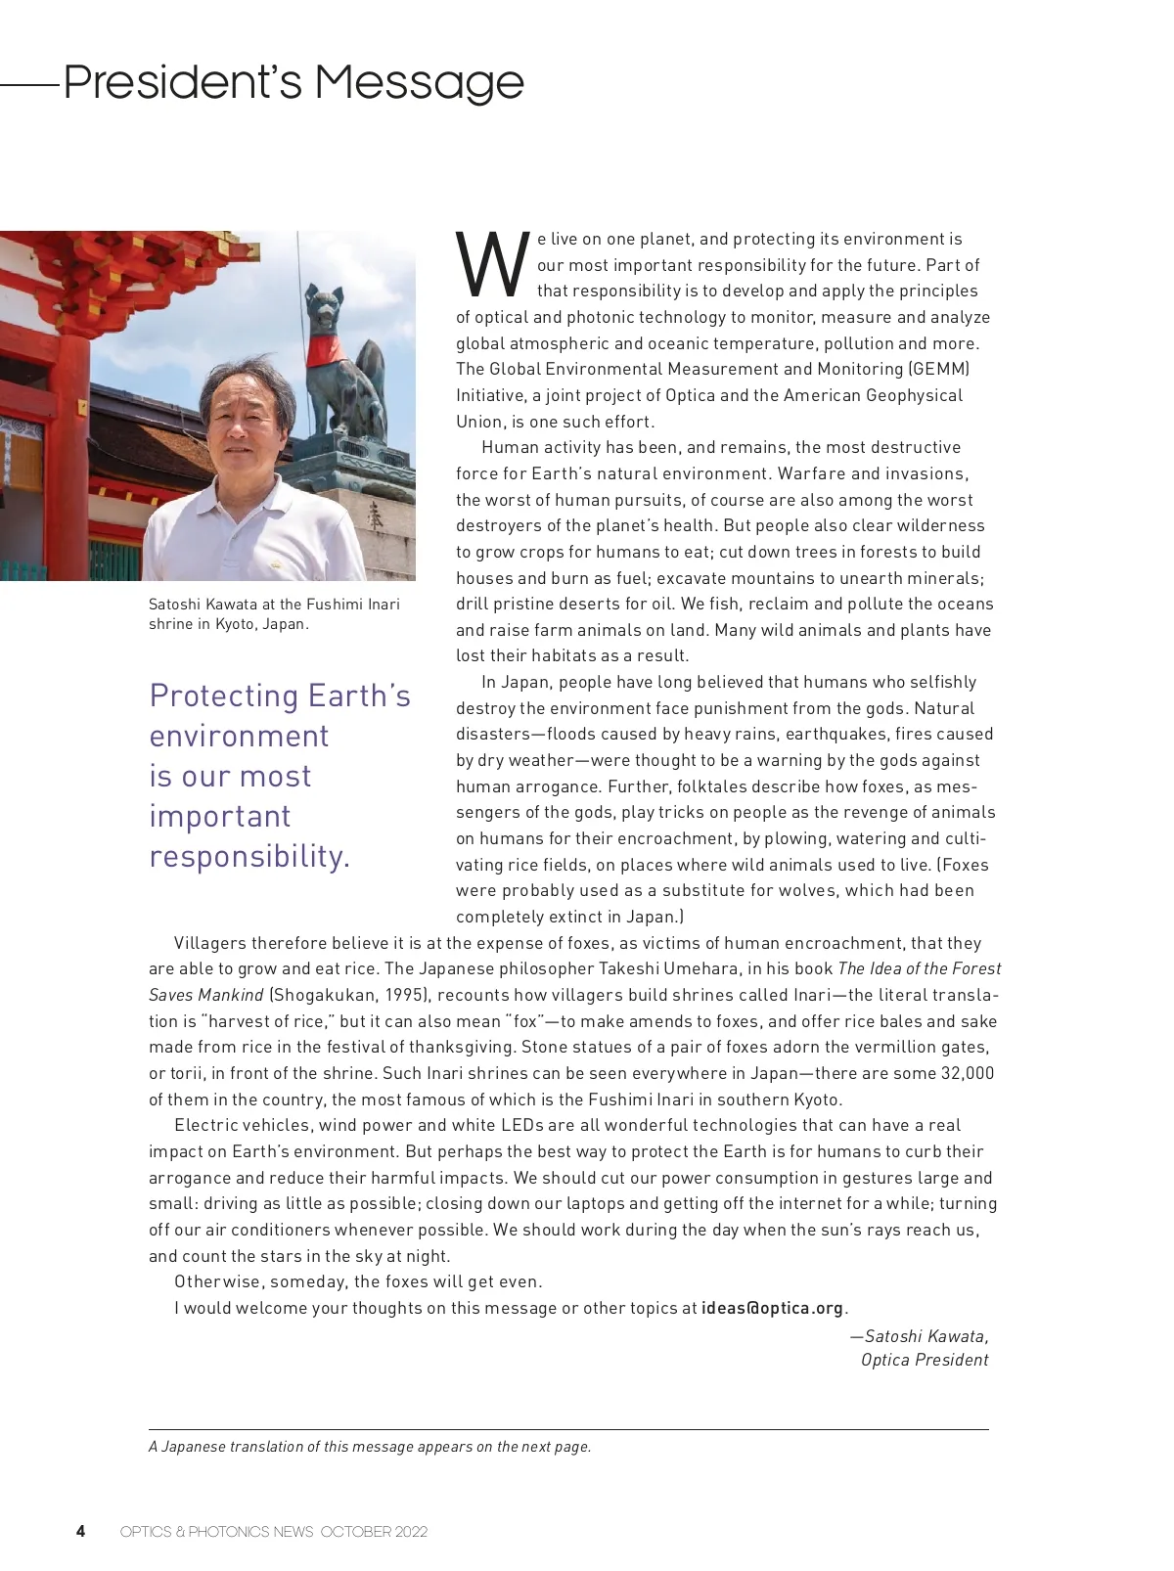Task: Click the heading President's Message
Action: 293,82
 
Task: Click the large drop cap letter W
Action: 492,265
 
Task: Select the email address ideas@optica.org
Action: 772,1308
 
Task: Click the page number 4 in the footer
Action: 80,1531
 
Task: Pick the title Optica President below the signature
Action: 925,1360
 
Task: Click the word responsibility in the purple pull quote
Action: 249,856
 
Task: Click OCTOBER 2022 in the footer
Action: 374,1532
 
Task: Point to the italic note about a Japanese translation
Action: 370,1447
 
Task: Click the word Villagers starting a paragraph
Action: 209,943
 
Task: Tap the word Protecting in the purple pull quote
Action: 224,696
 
